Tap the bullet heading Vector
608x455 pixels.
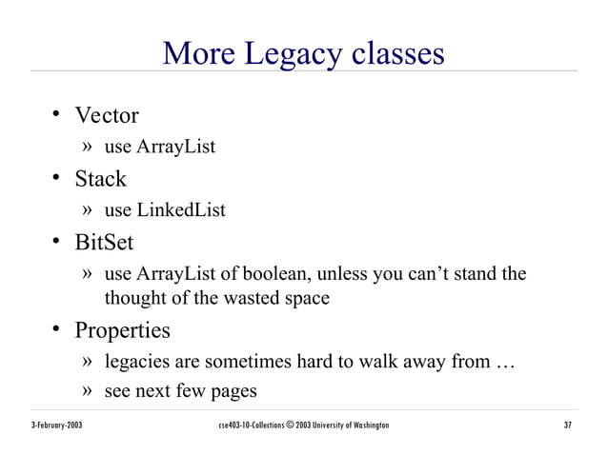107,116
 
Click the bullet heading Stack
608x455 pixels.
101,179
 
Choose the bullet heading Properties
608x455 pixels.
123,331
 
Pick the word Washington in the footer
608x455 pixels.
366,425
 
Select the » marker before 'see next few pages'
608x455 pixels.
87,391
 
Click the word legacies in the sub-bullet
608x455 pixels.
137,363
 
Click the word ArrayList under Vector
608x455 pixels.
176,148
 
